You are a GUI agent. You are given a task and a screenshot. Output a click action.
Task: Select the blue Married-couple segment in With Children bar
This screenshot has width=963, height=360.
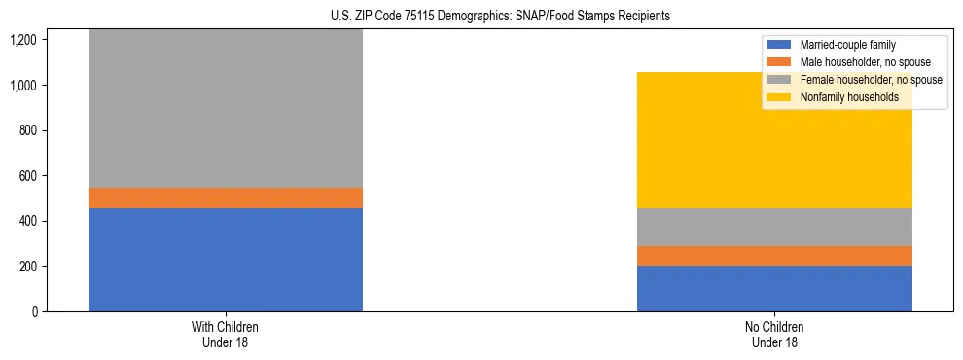coord(225,260)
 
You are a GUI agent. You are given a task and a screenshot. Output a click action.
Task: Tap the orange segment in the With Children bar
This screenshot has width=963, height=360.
coord(225,198)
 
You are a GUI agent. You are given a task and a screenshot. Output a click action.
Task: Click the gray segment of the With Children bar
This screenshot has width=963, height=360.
coord(225,108)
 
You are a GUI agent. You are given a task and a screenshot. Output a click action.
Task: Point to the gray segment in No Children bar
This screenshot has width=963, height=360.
coord(774,227)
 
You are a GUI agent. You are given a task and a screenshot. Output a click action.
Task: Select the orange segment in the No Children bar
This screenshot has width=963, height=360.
coord(774,255)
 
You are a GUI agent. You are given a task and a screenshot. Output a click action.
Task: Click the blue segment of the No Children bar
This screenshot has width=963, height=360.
coord(774,288)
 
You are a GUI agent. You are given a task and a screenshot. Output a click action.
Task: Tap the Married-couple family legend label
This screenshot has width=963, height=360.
coord(847,45)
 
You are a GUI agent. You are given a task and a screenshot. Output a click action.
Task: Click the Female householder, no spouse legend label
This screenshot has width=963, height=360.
coord(871,80)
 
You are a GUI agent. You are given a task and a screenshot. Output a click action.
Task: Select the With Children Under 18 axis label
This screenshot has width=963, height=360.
coord(225,334)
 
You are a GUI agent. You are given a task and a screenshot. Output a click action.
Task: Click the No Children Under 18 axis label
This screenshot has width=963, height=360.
coord(774,334)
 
